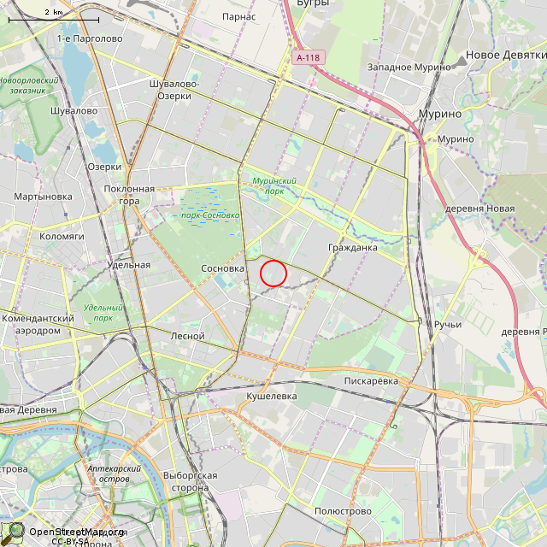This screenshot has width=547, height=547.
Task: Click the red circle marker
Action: pyautogui.click(x=273, y=273)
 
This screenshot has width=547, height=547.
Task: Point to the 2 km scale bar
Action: pyautogui.click(x=53, y=16)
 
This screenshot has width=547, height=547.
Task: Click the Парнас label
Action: pyautogui.click(x=238, y=16)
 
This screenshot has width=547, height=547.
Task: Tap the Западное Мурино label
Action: pyautogui.click(x=409, y=67)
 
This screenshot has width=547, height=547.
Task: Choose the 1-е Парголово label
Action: pyautogui.click(x=90, y=38)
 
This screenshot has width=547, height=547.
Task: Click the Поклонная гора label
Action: pyautogui.click(x=129, y=195)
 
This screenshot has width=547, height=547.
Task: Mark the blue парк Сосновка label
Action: pyautogui.click(x=210, y=215)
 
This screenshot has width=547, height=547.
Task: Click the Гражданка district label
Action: pyautogui.click(x=352, y=248)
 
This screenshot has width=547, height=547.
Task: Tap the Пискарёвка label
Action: pyautogui.click(x=371, y=380)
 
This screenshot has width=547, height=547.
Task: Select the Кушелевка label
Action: pyautogui.click(x=271, y=397)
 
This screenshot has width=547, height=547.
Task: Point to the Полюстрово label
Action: pyautogui.click(x=343, y=511)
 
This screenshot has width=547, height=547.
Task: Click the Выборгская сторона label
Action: pyautogui.click(x=189, y=481)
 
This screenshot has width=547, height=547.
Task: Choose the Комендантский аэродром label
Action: pyautogui.click(x=38, y=324)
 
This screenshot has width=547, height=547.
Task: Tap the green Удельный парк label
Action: pyautogui.click(x=104, y=313)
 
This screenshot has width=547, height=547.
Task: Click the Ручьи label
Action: pyautogui.click(x=447, y=324)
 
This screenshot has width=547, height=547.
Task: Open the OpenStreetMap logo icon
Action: pyautogui.click(x=16, y=532)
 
